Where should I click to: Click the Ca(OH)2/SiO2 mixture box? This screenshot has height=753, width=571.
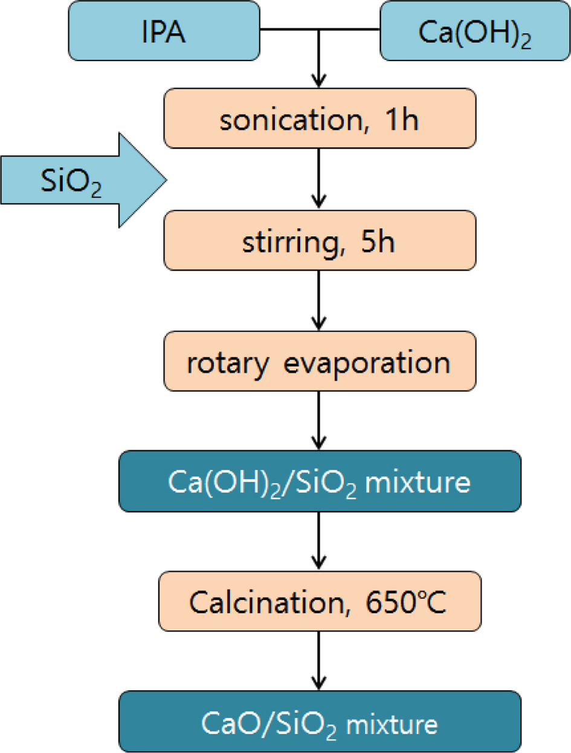pyautogui.click(x=320, y=483)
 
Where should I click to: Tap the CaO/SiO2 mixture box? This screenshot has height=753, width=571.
pyautogui.click(x=320, y=722)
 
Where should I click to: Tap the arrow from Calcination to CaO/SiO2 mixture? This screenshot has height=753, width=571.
pyautogui.click(x=320, y=661)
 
